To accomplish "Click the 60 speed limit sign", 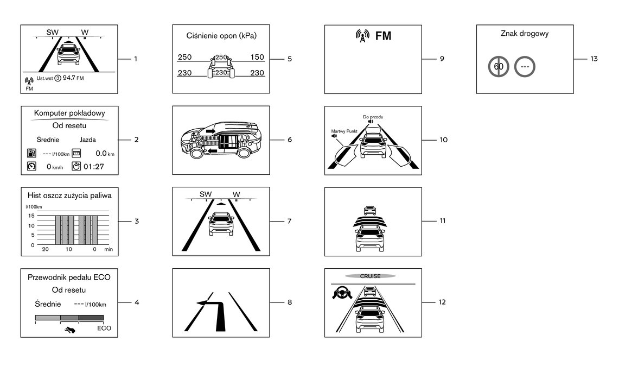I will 499,67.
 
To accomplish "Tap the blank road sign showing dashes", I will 525,67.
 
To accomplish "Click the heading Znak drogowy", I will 525,34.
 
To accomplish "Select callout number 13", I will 594,59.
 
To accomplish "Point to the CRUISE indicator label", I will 371,276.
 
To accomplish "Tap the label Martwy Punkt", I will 343,131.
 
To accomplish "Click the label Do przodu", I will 373,117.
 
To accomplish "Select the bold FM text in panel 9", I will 383,36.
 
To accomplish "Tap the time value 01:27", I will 93,166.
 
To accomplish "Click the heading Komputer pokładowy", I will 68,113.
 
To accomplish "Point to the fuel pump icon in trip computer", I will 31,154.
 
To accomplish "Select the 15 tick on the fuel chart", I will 31,216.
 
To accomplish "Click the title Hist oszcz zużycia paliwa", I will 69,195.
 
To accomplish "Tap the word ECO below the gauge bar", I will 104,328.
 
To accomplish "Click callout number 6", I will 290,140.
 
